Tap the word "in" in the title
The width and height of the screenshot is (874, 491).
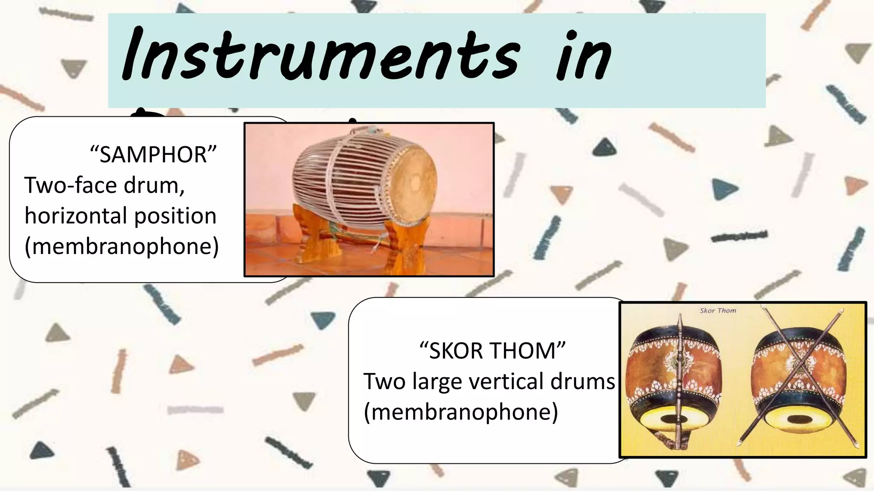click(x=584, y=55)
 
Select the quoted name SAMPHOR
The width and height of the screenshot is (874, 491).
click(x=153, y=154)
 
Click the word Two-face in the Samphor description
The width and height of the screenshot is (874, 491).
click(x=70, y=185)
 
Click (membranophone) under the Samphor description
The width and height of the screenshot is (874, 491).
click(x=122, y=246)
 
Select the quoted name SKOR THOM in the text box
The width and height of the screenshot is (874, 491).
click(x=492, y=350)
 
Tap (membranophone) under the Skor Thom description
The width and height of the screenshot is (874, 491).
click(x=461, y=412)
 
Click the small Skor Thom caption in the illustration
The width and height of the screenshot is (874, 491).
click(x=718, y=311)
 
